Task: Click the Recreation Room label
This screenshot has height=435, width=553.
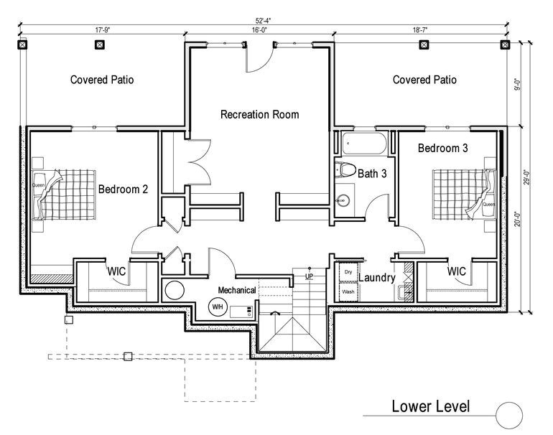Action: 259,114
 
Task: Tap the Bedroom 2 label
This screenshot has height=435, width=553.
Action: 123,190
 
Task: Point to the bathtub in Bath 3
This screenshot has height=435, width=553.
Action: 364,144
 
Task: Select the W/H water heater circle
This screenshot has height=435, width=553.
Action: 216,307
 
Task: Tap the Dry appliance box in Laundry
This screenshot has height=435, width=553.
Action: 348,273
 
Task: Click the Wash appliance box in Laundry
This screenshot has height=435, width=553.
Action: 348,292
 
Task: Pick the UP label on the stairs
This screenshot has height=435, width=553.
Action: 310,276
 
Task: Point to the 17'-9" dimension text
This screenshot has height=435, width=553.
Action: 103,31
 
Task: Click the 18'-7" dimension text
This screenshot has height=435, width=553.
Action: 424,31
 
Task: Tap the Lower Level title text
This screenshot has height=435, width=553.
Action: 431,406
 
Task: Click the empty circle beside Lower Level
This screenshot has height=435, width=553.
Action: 509,415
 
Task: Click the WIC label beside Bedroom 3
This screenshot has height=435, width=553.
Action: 457,272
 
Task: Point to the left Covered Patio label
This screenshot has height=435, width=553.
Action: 102,80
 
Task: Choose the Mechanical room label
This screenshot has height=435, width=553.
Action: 237,290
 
